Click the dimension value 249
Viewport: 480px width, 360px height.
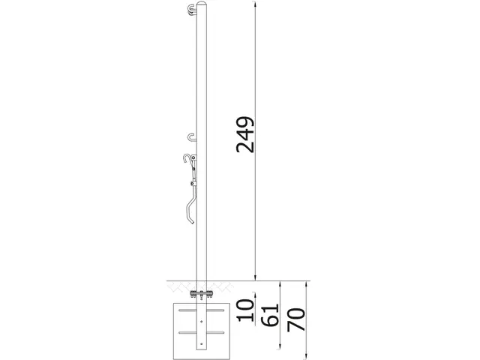click(245, 135)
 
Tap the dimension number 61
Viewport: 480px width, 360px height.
click(271, 313)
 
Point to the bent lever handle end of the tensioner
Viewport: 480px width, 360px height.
click(190, 217)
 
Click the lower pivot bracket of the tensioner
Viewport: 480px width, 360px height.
click(193, 184)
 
